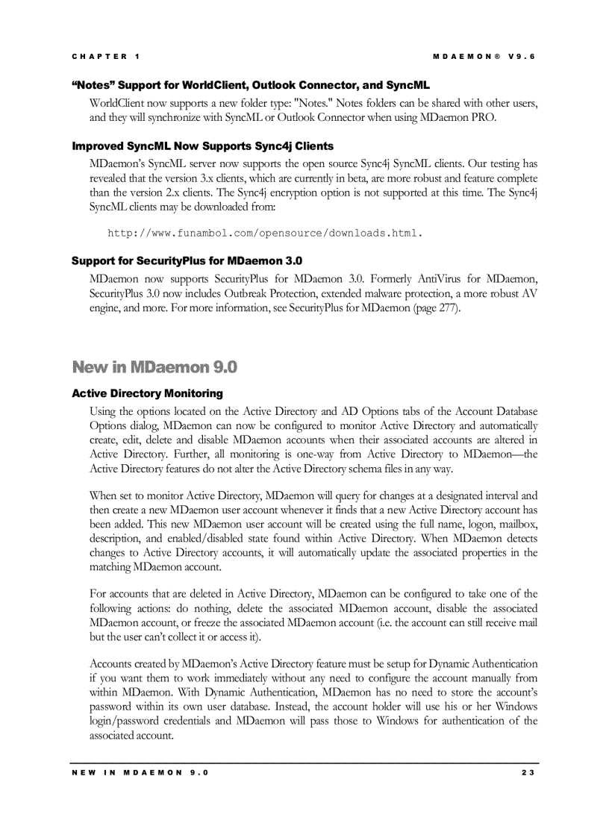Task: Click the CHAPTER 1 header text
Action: coord(105,57)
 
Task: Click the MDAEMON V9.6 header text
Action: coord(484,57)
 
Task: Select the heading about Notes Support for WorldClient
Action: coord(250,85)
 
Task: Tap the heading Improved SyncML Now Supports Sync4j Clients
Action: coord(202,146)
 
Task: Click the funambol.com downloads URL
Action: coord(265,234)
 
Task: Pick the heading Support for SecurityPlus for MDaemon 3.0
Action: coord(187,260)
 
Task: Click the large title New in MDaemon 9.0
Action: coord(154,366)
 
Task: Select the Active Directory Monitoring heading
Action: coord(147,393)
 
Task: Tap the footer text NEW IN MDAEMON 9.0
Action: coord(140,772)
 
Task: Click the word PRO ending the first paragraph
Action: coord(483,117)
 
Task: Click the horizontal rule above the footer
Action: coord(304,763)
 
